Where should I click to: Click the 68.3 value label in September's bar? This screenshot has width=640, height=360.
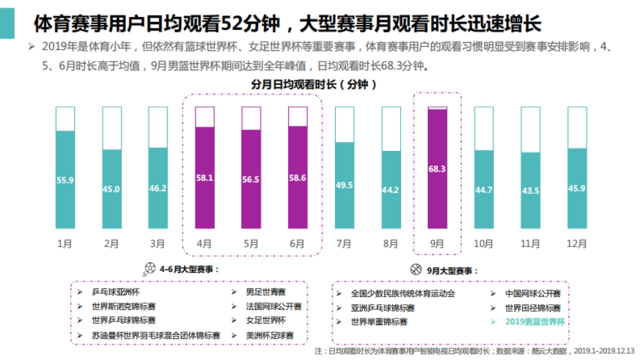437,169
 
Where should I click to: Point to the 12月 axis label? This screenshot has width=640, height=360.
577,244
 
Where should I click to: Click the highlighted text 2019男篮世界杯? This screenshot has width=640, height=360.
534,322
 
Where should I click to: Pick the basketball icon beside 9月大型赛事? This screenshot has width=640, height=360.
416,269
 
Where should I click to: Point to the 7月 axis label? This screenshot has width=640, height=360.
344,244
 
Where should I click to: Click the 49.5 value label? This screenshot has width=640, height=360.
344,185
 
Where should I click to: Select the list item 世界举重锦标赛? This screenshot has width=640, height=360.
379,322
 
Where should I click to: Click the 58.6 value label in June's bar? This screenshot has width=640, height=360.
298,178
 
